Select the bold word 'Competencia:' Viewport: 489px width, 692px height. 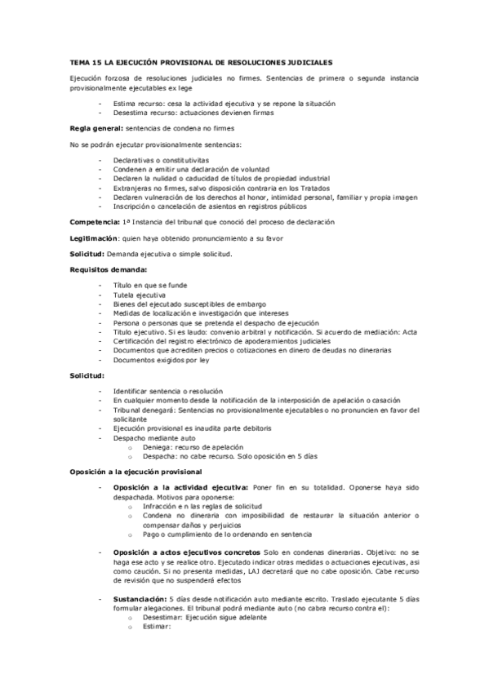click(96, 221)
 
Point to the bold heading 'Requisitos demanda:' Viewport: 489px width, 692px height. click(108, 268)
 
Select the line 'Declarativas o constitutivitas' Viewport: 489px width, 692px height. click(162, 160)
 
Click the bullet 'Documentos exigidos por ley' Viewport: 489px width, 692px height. click(162, 360)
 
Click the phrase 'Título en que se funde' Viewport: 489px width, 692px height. click(151, 284)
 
